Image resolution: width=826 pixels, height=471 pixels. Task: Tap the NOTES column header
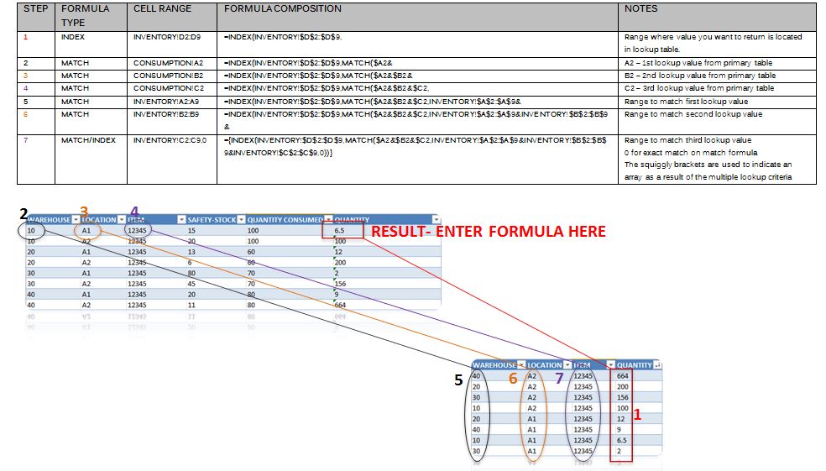click(641, 8)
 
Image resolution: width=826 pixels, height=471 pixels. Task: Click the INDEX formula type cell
click(74, 38)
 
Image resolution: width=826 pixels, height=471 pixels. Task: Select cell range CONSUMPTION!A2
click(168, 63)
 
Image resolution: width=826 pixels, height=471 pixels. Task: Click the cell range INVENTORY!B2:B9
click(165, 114)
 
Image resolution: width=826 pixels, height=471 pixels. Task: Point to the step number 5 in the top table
click(26, 102)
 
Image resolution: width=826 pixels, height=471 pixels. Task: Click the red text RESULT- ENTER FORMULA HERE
click(488, 231)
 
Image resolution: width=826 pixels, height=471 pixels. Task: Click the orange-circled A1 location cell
click(86, 230)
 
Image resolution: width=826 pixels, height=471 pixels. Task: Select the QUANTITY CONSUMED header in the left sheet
click(285, 220)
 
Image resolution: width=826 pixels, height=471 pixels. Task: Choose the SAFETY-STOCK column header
click(212, 220)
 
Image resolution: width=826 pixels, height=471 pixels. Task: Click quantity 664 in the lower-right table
click(622, 376)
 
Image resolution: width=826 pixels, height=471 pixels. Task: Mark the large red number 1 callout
click(636, 414)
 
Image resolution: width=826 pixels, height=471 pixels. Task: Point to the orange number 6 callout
click(513, 379)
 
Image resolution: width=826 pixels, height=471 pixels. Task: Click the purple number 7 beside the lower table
click(558, 379)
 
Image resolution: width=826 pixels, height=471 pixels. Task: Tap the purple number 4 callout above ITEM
click(134, 211)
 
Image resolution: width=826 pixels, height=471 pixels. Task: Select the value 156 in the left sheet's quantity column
click(341, 284)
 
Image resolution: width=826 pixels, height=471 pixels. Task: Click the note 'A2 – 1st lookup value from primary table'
click(698, 63)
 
